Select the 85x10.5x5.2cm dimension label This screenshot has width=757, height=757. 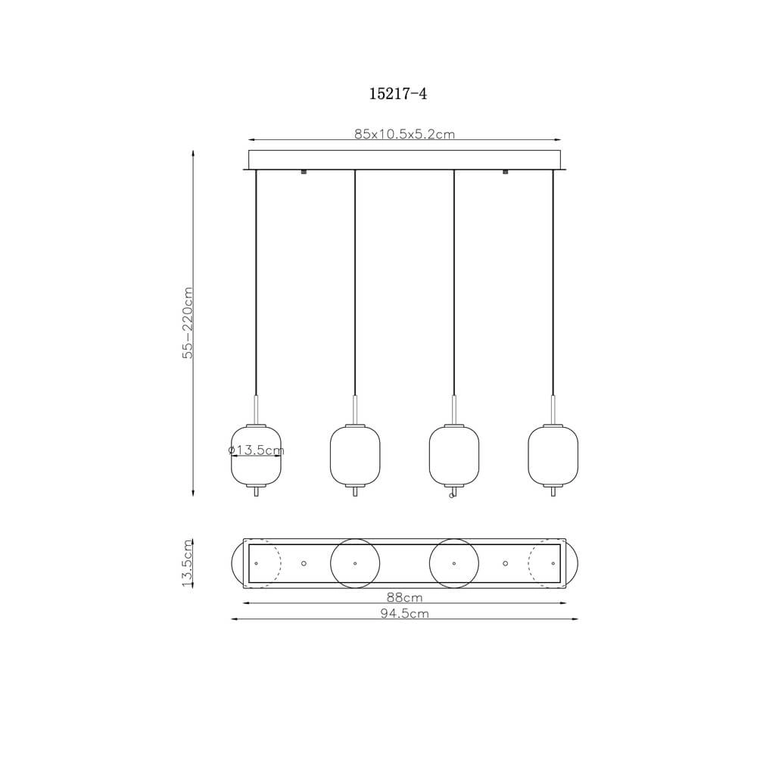click(404, 134)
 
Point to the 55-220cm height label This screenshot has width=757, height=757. click(188, 322)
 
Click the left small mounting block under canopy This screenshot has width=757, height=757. click(304, 173)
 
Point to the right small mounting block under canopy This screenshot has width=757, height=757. click(506, 173)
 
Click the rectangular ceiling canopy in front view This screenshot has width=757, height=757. click(404, 160)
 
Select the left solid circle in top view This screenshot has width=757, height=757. click(354, 563)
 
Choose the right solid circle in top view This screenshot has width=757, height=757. click(453, 563)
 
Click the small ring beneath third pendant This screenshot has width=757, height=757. click(451, 497)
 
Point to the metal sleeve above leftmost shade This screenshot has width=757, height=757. click(256, 409)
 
